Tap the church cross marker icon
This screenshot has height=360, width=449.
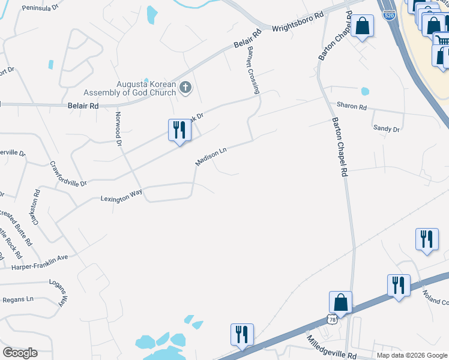[185, 88]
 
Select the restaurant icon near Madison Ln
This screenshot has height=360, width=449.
[179, 130]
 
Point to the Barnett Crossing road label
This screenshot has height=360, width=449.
[252, 70]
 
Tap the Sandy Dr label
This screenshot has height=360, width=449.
[386, 128]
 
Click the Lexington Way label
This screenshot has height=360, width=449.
[121, 196]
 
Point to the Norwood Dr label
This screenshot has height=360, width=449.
[118, 127]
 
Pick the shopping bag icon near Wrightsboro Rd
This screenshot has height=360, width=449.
[362, 26]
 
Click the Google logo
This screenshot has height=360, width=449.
[20, 353]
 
